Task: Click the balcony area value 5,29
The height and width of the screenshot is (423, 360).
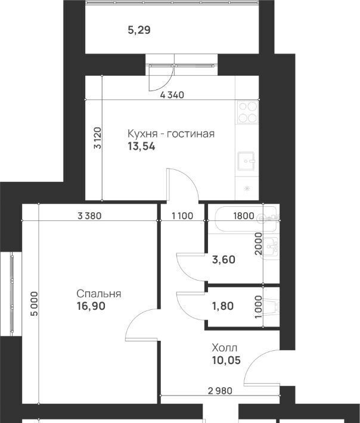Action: (139, 30)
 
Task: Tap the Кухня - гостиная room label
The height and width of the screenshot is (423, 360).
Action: (171, 133)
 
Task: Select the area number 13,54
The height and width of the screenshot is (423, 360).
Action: (141, 147)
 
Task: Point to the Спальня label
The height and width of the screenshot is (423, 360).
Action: (99, 294)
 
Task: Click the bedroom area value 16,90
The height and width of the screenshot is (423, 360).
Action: (91, 306)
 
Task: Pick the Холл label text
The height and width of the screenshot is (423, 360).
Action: (225, 348)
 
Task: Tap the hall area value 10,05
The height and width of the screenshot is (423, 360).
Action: (226, 360)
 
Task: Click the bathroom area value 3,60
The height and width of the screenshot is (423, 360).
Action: (224, 260)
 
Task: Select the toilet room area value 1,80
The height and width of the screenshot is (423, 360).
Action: (223, 306)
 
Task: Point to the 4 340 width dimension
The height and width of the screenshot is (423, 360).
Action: (172, 95)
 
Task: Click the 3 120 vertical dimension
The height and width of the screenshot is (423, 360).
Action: (97, 138)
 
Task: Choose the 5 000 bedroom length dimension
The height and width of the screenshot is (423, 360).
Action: (35, 303)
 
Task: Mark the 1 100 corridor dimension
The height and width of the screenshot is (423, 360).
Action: (182, 216)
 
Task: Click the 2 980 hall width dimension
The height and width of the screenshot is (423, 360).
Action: (220, 390)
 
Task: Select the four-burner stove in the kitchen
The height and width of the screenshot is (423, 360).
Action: (248, 112)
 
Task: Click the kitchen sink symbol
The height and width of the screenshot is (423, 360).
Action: (246, 161)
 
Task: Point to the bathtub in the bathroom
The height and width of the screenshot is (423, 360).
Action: (243, 219)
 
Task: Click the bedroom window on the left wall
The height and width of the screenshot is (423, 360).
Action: (12, 294)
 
